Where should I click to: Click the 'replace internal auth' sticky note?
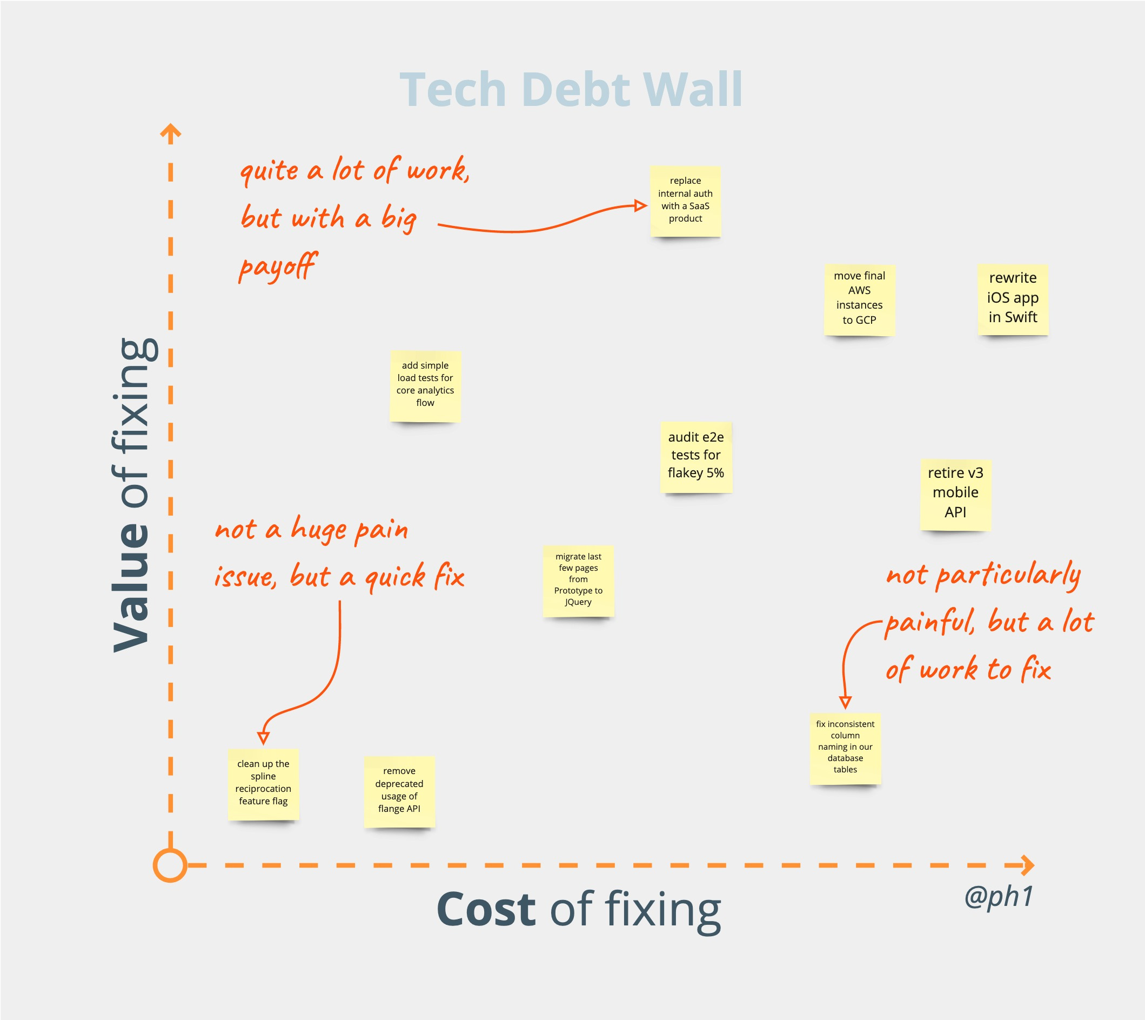[685, 201]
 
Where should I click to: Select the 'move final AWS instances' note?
[859, 299]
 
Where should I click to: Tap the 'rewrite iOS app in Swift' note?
[1013, 299]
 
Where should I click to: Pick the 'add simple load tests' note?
[425, 385]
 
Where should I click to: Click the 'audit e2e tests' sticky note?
[696, 456]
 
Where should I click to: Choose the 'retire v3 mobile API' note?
[956, 494]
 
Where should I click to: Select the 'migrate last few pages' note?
[578, 580]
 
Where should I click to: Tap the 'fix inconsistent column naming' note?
[845, 748]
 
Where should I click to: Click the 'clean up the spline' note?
[263, 783]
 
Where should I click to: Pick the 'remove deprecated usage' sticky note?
[399, 791]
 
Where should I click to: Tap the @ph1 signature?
[999, 896]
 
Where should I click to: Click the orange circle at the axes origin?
[170, 865]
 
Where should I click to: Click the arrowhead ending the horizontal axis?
[1027, 865]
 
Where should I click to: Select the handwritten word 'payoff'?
[278, 267]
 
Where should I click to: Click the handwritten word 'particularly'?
[1008, 576]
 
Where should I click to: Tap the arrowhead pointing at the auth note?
[640, 206]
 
